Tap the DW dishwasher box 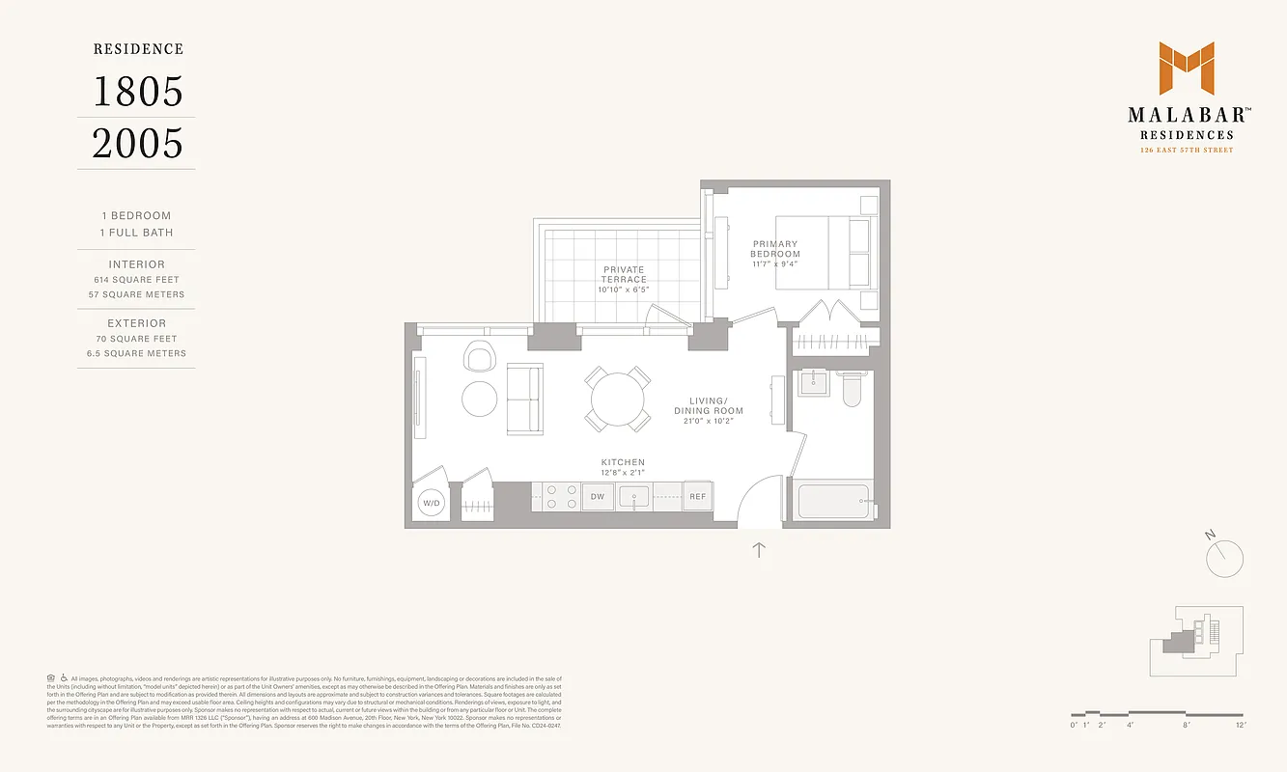point(598,497)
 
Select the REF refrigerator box point(697,497)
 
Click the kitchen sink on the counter point(637,497)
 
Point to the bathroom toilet point(853,389)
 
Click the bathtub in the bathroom point(833,502)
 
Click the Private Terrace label point(624,274)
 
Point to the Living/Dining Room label point(709,405)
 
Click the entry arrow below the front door point(759,550)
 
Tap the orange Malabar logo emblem point(1187,69)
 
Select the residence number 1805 point(137,92)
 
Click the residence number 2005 point(137,144)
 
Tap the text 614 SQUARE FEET point(136,280)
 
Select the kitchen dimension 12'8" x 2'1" point(622,473)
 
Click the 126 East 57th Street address point(1187,150)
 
